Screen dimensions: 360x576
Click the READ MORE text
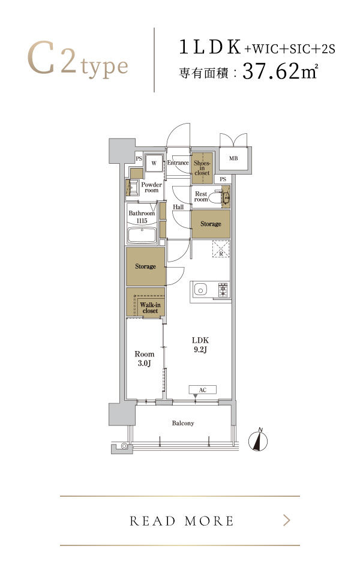pyautogui.click(x=181, y=521)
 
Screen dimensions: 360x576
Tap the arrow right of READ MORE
pyautogui.click(x=287, y=520)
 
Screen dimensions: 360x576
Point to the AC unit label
pyautogui.click(x=203, y=390)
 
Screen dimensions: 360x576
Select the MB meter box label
pyautogui.click(x=233, y=158)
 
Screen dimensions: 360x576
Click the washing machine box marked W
pyautogui.click(x=154, y=163)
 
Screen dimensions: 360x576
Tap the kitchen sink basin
pyautogui.click(x=200, y=290)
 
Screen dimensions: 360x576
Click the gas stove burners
pyautogui.click(x=223, y=289)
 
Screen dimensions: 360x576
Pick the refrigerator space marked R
pyautogui.click(x=221, y=248)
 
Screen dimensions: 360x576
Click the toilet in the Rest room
pyautogui.click(x=223, y=197)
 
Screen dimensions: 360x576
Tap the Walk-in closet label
pyautogui.click(x=150, y=308)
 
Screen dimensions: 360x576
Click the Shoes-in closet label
pyautogui.click(x=202, y=168)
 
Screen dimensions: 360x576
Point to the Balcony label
pyautogui.click(x=183, y=423)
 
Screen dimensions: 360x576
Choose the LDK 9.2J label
pyautogui.click(x=200, y=345)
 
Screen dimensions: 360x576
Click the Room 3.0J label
pyautogui.click(x=145, y=359)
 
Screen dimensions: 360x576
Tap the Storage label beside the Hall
pyautogui.click(x=211, y=224)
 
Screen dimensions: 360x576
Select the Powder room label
pyautogui.click(x=151, y=187)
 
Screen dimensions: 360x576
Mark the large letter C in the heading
pyautogui.click(x=41, y=58)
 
